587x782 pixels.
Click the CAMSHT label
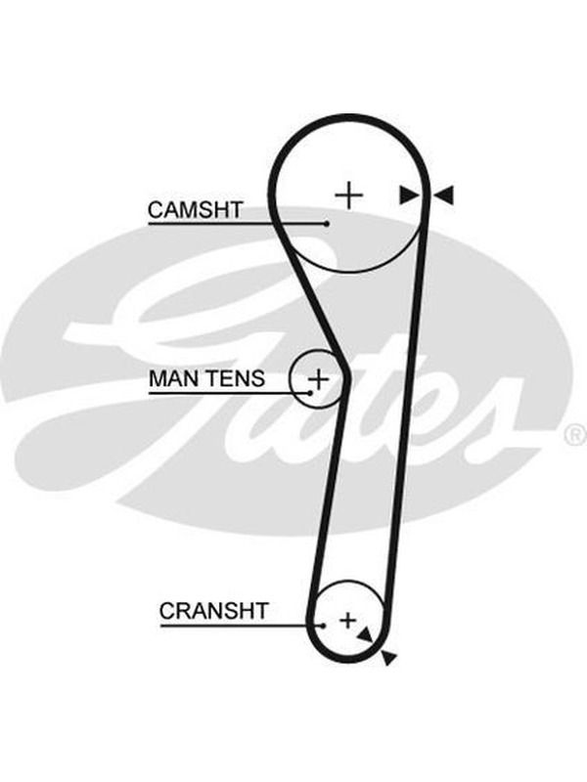click(x=195, y=210)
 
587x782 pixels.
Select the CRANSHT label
click(x=213, y=610)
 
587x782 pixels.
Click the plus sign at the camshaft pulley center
click(x=349, y=195)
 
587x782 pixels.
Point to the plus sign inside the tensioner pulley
click(x=319, y=380)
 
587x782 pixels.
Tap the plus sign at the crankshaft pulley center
click(x=348, y=621)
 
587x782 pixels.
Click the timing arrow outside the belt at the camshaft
click(x=443, y=195)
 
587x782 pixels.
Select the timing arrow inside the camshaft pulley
click(x=409, y=195)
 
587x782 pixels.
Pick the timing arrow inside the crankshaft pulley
click(x=365, y=634)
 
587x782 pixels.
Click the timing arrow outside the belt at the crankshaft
click(x=388, y=658)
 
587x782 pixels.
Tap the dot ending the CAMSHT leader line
click(x=327, y=224)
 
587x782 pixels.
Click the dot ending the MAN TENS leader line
click(x=310, y=393)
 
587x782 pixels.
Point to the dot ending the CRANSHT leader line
click(x=324, y=626)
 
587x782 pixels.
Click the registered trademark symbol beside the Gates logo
click(x=575, y=434)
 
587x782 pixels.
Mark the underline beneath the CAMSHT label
click(x=237, y=224)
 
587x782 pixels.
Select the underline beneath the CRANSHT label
click(x=242, y=626)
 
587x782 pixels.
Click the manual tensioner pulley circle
click(x=290, y=379)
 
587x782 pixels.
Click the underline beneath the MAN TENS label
click(x=229, y=393)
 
